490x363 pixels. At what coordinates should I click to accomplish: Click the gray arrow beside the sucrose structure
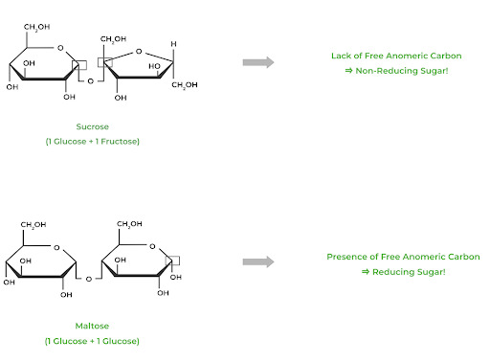pyautogui.click(x=257, y=62)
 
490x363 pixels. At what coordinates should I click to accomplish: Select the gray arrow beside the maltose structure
pyautogui.click(x=257, y=261)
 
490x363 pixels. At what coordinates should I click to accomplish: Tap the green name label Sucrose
pyautogui.click(x=93, y=126)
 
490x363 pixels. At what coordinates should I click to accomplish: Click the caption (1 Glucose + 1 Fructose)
pyautogui.click(x=93, y=142)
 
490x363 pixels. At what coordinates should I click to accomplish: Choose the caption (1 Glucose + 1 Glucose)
pyautogui.click(x=92, y=341)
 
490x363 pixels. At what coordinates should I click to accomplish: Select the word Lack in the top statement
pyautogui.click(x=341, y=56)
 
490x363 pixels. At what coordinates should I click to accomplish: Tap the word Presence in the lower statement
pyautogui.click(x=347, y=256)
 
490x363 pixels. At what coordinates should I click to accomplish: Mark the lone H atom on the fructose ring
pyautogui.click(x=173, y=45)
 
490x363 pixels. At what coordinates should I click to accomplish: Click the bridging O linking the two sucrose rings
pyautogui.click(x=91, y=81)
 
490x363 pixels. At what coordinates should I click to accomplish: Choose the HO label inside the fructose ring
pyautogui.click(x=155, y=67)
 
